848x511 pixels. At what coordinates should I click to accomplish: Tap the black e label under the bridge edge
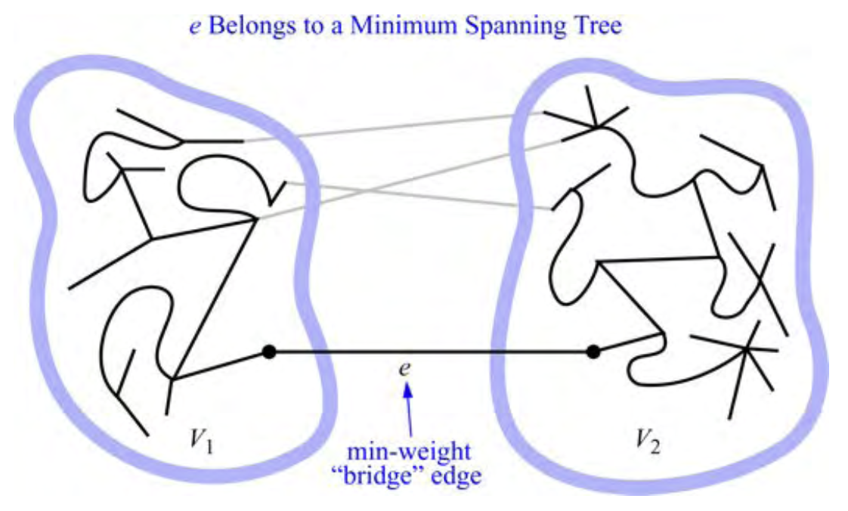click(405, 370)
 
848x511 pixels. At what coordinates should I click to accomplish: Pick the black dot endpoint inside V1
click(268, 352)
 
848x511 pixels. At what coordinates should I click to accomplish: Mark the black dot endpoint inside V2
click(593, 352)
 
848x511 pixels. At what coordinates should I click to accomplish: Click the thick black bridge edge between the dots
click(431, 352)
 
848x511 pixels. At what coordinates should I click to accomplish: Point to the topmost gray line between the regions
click(393, 128)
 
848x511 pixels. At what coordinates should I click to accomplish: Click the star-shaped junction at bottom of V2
click(747, 349)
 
